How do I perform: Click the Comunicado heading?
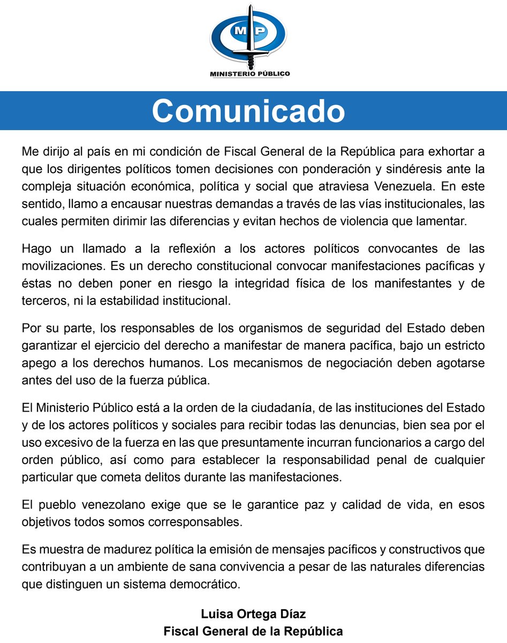(248, 111)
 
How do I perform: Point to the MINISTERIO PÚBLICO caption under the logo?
(249, 74)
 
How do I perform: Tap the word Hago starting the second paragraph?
(35, 249)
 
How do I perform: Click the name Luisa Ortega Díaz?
(253, 614)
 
